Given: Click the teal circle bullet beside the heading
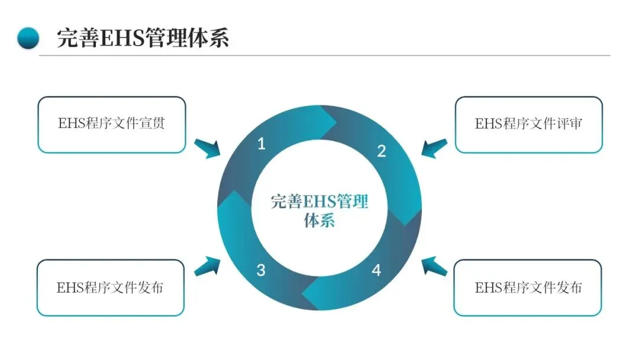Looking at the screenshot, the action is pyautogui.click(x=28, y=38).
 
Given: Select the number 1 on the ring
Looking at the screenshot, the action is pyautogui.click(x=262, y=144).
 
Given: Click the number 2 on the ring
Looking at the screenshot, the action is pyautogui.click(x=382, y=152).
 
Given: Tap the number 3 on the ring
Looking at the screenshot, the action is pyautogui.click(x=261, y=271).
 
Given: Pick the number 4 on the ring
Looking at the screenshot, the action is pyautogui.click(x=376, y=271).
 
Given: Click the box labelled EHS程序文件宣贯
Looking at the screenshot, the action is pyautogui.click(x=112, y=125).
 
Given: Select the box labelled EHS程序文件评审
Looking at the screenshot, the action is pyautogui.click(x=528, y=125).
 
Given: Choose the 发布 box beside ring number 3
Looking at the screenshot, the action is pyautogui.click(x=111, y=288).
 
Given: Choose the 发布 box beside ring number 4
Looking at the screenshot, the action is pyautogui.click(x=528, y=288).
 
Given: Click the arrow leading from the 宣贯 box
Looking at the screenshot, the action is pyautogui.click(x=206, y=149).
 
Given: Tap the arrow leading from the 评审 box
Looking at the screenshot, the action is pyautogui.click(x=434, y=149).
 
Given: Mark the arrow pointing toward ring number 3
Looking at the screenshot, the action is pyautogui.click(x=206, y=266).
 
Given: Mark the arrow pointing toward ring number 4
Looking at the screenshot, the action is pyautogui.click(x=434, y=266).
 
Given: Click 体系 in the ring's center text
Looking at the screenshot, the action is pyautogui.click(x=319, y=221).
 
